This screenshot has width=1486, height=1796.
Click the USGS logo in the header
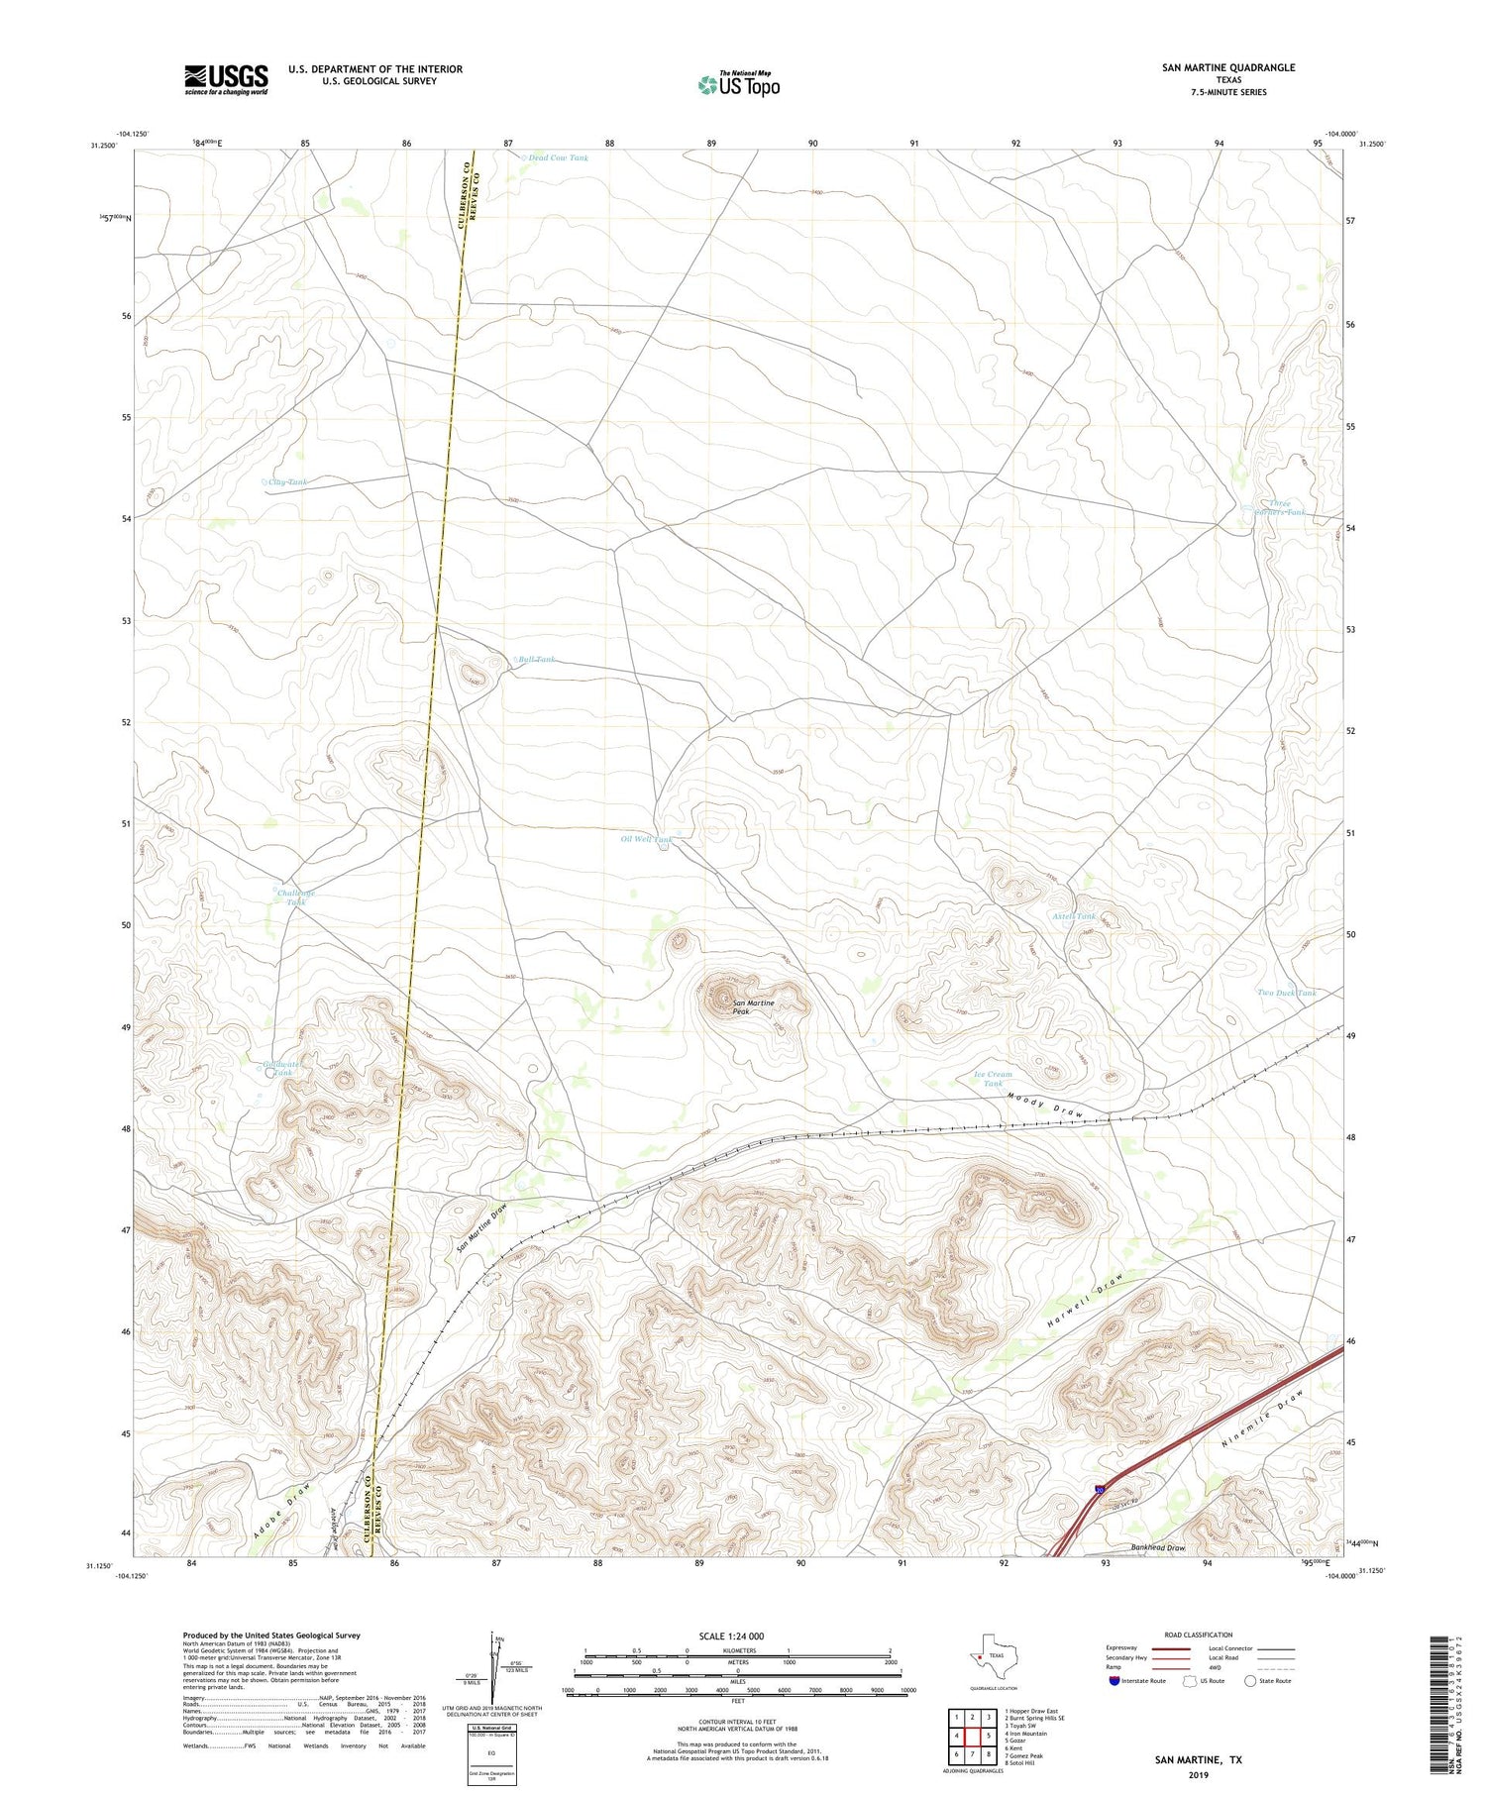[x=226, y=79]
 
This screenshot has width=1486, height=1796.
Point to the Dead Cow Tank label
[x=558, y=158]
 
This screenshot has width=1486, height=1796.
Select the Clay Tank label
[x=286, y=482]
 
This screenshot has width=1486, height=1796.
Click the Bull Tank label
[x=536, y=659]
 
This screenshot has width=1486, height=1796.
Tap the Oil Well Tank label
[x=646, y=839]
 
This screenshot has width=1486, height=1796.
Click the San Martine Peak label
[x=753, y=1007]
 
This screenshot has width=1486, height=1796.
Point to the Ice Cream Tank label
[x=993, y=1079]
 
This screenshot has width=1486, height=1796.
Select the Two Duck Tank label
[x=1286, y=993]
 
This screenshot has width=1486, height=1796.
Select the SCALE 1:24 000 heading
[x=731, y=1636]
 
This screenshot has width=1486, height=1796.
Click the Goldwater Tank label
[x=284, y=1068]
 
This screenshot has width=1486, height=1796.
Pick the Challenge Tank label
[x=295, y=898]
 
